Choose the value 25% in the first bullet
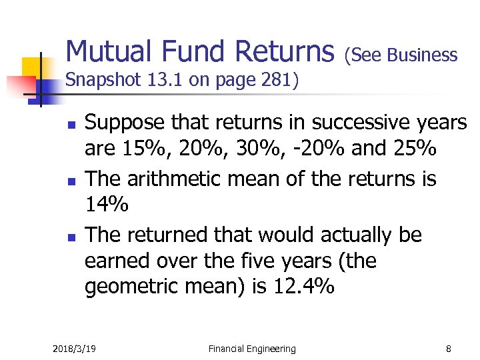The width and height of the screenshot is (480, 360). [x=413, y=149]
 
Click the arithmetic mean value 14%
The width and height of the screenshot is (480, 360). [x=107, y=205]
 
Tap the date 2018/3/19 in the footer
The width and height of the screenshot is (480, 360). [x=74, y=349]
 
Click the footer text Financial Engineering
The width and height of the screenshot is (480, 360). [x=252, y=349]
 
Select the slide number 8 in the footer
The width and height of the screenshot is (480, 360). [x=449, y=349]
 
